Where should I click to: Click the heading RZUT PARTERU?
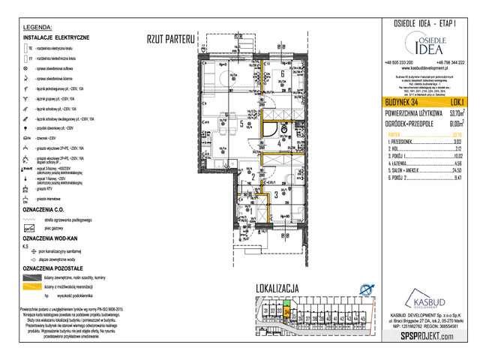click(x=171, y=37)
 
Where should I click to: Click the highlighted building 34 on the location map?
click(x=286, y=311)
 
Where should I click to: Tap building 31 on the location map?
click(x=266, y=312)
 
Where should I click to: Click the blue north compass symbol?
click(x=365, y=290)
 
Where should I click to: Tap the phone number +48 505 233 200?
click(x=398, y=62)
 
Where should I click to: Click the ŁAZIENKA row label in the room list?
click(x=399, y=163)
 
